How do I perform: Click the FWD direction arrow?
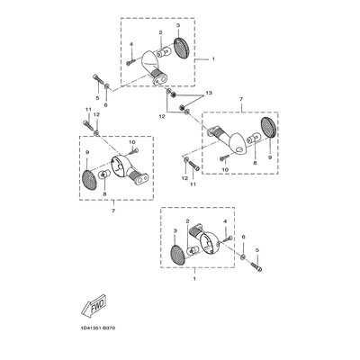tap(94, 305)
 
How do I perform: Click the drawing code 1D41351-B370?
tap(98, 328)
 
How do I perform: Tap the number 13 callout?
tap(209, 93)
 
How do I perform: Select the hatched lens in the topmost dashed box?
tap(181, 48)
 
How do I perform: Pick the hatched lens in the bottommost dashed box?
tap(178, 256)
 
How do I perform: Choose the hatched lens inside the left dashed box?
tap(90, 179)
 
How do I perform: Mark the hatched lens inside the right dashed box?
tap(269, 128)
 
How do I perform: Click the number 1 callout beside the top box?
tap(213, 59)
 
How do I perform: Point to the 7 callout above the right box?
tap(241, 99)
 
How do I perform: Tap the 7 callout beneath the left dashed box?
tap(113, 211)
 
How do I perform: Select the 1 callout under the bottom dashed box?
tap(194, 279)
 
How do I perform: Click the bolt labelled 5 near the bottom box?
tap(256, 266)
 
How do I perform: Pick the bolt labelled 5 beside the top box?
tap(98, 79)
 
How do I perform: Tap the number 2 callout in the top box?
tap(160, 32)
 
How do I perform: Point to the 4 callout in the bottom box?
tap(225, 221)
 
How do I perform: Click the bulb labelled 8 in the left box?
tap(103, 175)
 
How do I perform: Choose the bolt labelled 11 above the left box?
tap(87, 124)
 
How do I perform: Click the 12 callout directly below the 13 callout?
tap(162, 117)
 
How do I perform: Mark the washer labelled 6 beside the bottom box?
tap(243, 256)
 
